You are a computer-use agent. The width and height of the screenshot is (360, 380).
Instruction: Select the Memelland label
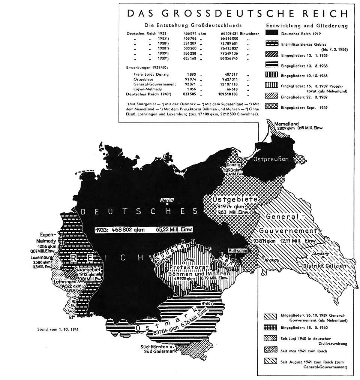[x=286, y=123]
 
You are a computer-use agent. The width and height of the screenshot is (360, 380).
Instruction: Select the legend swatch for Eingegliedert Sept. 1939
[x=271, y=107]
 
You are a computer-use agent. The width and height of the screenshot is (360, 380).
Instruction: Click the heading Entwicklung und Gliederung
[x=306, y=26]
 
